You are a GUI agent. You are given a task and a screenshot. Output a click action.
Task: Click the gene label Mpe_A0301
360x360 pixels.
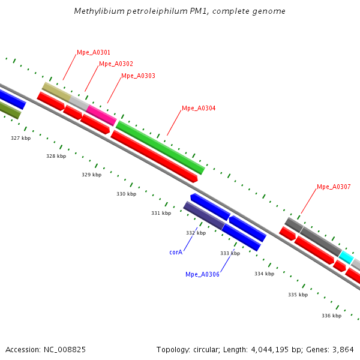click(x=93, y=53)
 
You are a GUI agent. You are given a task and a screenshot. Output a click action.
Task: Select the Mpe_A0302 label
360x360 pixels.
click(x=116, y=64)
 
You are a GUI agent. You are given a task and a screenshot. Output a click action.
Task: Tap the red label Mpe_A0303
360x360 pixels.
click(x=138, y=76)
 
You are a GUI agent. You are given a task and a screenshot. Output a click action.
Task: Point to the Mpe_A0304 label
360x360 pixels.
click(x=198, y=109)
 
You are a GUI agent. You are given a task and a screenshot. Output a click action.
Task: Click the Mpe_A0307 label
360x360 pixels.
click(x=334, y=187)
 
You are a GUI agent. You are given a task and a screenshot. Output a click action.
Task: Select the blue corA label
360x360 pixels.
click(x=176, y=253)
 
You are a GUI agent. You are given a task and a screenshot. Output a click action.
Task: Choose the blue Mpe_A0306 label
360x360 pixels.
click(x=202, y=275)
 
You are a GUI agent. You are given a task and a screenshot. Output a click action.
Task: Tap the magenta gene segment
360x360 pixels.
click(x=101, y=115)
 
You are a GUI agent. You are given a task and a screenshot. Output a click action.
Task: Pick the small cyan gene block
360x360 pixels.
click(x=346, y=257)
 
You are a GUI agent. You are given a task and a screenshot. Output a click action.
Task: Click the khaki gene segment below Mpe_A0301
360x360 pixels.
click(x=56, y=92)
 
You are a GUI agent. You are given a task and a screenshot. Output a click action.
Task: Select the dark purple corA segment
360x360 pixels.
click(x=203, y=215)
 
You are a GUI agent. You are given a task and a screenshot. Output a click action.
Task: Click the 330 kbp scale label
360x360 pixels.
click(x=126, y=194)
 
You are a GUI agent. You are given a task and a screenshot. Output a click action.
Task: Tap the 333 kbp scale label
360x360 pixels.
click(x=230, y=254)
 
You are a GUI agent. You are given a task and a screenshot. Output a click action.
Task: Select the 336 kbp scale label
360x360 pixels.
click(x=331, y=316)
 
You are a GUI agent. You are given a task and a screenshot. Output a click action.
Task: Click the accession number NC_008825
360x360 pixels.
click(x=64, y=349)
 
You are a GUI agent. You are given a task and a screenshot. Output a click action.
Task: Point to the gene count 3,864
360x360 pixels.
click(x=343, y=349)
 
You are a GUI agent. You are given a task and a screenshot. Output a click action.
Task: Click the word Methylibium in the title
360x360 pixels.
click(x=96, y=11)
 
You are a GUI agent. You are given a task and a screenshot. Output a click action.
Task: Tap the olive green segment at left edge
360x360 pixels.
click(x=10, y=110)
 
